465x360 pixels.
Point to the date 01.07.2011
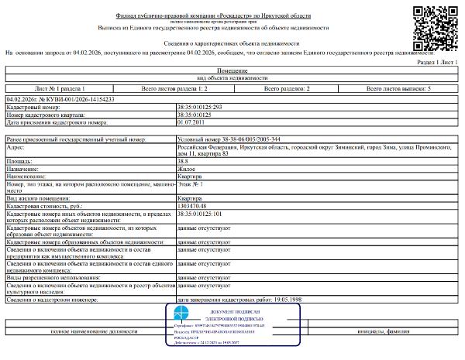(191, 122)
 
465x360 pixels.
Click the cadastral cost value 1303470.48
(194, 205)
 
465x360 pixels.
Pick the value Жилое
(187, 169)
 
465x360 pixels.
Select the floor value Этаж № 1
(190, 183)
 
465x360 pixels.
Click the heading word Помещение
(232, 70)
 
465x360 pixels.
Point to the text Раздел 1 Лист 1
(438, 61)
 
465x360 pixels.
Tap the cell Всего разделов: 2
(288, 90)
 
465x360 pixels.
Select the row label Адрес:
(15, 145)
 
